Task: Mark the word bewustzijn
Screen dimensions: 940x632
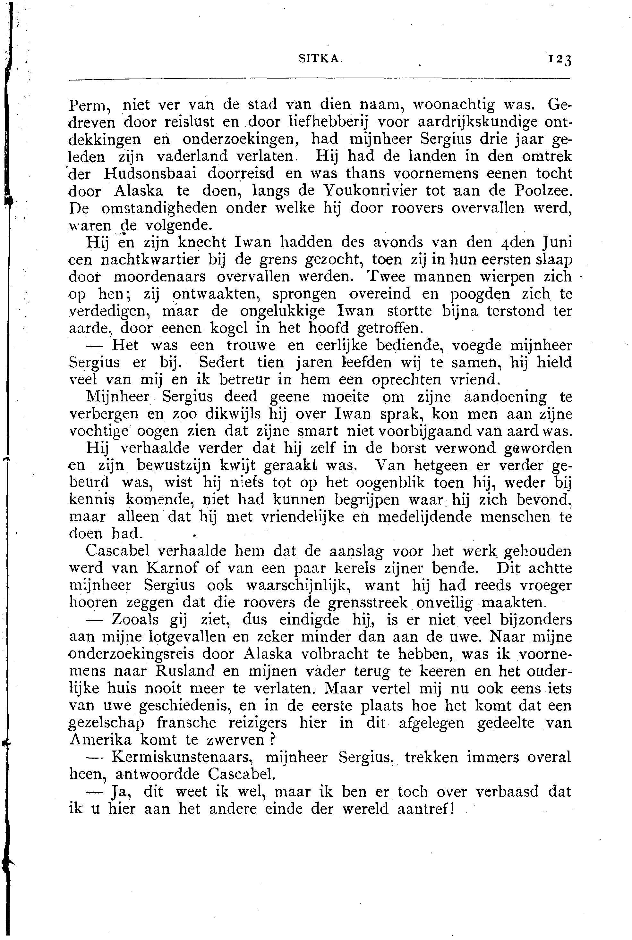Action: (x=173, y=466)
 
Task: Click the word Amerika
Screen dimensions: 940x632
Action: (x=100, y=740)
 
